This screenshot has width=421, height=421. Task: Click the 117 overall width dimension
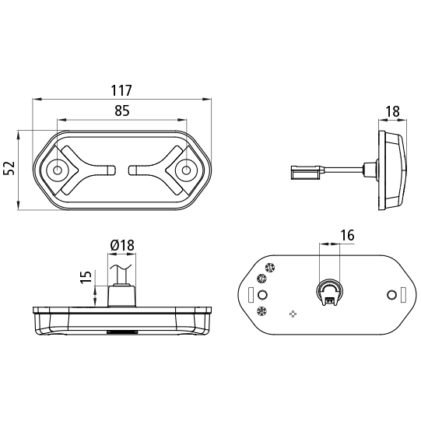click(x=121, y=90)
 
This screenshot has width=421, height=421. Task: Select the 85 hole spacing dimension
click(x=122, y=111)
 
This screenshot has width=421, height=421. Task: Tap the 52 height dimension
click(x=9, y=169)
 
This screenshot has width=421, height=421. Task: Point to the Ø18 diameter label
click(x=122, y=245)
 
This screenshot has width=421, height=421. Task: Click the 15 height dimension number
click(x=86, y=277)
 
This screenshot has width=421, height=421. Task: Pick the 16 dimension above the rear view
click(x=347, y=235)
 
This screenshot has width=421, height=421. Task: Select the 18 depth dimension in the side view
click(x=392, y=111)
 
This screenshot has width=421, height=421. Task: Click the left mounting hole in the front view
click(x=57, y=170)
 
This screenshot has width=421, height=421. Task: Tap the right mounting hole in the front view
click(x=186, y=170)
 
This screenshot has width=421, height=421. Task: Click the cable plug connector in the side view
click(x=306, y=173)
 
